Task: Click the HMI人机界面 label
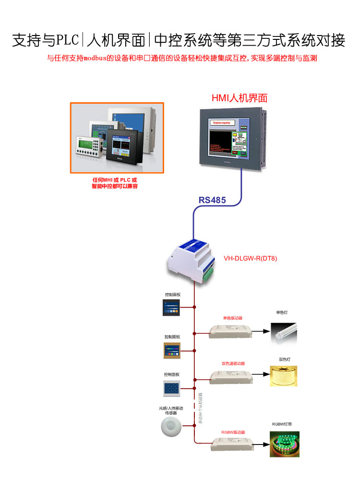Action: point(239,98)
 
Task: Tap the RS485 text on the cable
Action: point(212,200)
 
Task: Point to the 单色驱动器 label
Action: point(232,318)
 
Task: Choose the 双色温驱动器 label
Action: point(233,363)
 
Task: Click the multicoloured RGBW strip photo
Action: point(285,444)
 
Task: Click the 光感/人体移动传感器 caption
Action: point(171,410)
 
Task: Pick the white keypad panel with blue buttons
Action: point(171,388)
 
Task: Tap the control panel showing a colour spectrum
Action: point(172,350)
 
